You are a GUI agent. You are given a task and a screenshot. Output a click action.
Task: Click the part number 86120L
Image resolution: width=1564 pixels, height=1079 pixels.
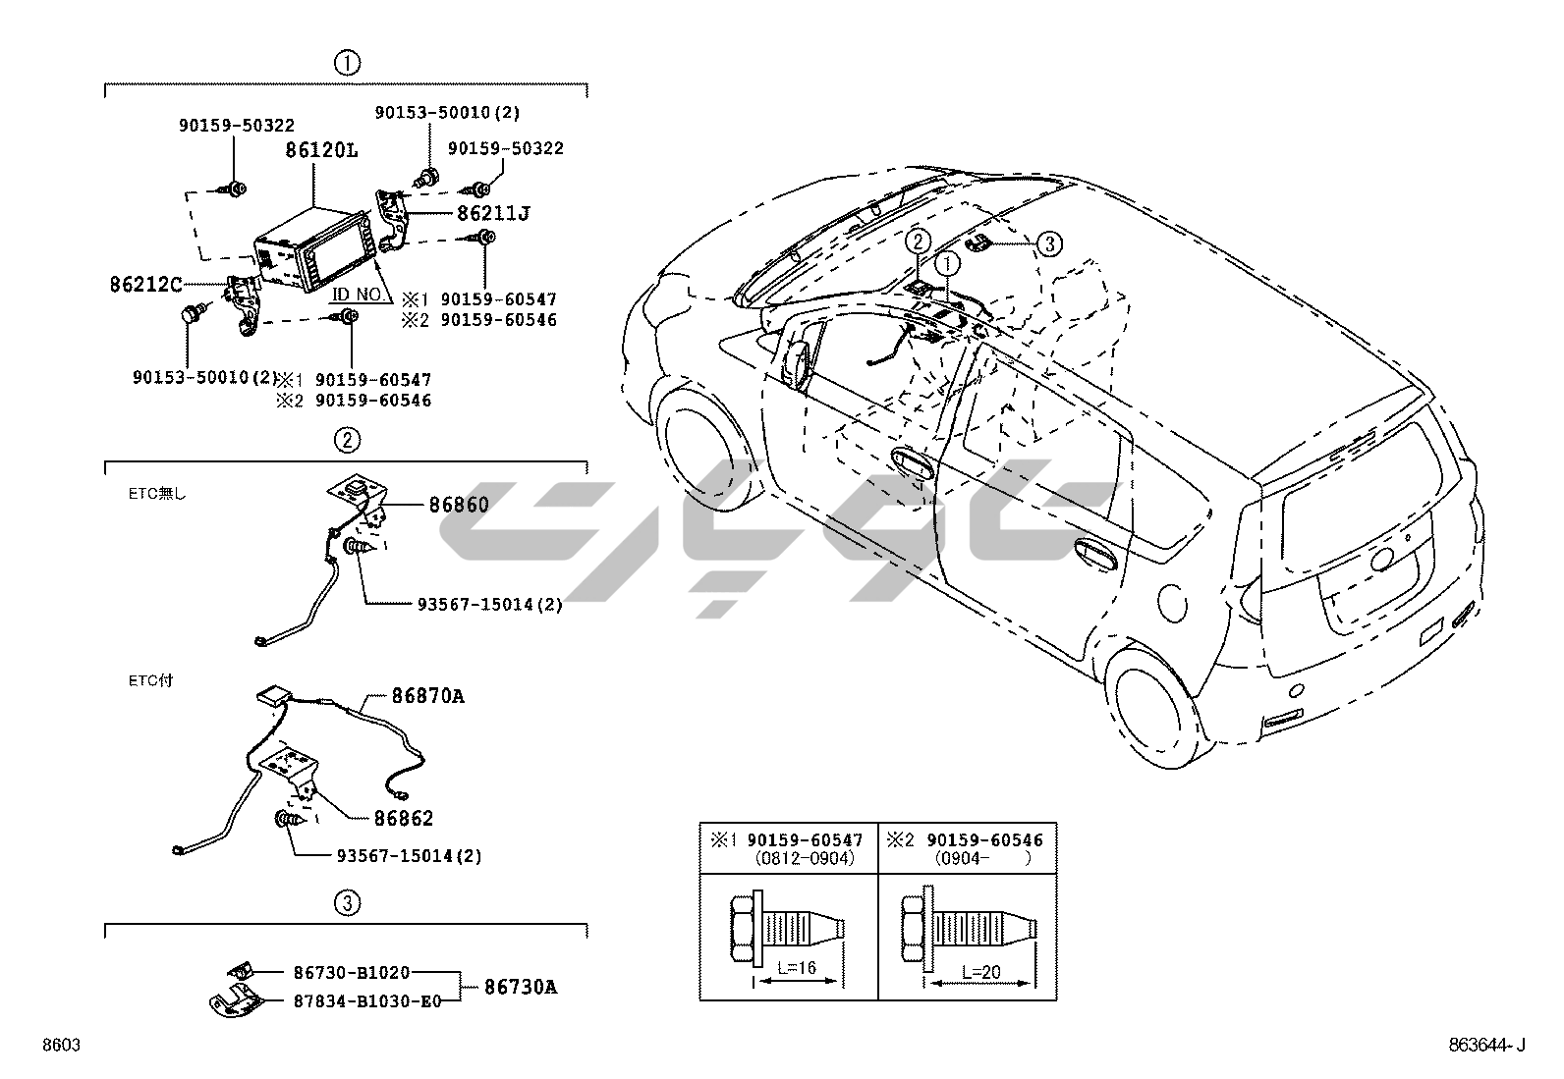tap(321, 151)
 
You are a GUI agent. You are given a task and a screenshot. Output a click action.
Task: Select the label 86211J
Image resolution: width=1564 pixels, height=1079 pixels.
tap(492, 212)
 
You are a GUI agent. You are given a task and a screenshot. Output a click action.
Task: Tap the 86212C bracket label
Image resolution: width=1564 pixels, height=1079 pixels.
tap(146, 285)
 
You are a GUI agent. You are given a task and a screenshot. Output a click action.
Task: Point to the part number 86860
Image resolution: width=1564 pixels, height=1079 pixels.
tap(458, 505)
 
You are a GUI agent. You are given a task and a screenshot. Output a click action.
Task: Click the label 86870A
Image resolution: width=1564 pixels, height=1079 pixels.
tap(427, 696)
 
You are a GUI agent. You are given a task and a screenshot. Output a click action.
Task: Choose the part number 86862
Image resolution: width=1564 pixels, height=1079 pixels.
tap(403, 818)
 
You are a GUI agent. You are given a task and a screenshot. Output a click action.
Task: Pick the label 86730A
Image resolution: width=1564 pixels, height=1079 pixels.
tap(521, 987)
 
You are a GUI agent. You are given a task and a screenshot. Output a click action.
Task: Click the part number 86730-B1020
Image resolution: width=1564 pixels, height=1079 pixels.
tap(351, 972)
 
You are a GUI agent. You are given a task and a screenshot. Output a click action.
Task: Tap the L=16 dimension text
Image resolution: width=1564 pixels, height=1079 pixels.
tap(797, 969)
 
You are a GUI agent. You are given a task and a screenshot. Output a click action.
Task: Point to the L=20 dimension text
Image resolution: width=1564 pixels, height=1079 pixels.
tap(981, 971)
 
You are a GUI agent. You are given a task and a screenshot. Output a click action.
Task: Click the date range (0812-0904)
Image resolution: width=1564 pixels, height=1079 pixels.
tap(805, 857)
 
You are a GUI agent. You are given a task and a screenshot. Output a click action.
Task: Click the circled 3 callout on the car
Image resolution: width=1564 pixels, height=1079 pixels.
tap(1049, 243)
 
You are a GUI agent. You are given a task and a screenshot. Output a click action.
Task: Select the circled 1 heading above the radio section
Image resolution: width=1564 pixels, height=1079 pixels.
tap(347, 63)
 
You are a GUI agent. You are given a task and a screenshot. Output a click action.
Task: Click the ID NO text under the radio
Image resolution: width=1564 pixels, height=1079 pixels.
tap(356, 294)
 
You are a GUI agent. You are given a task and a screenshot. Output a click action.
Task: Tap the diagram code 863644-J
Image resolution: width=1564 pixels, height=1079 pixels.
tap(1485, 1046)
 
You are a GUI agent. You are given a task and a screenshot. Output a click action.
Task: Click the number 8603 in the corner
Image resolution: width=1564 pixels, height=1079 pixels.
tap(60, 1046)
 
